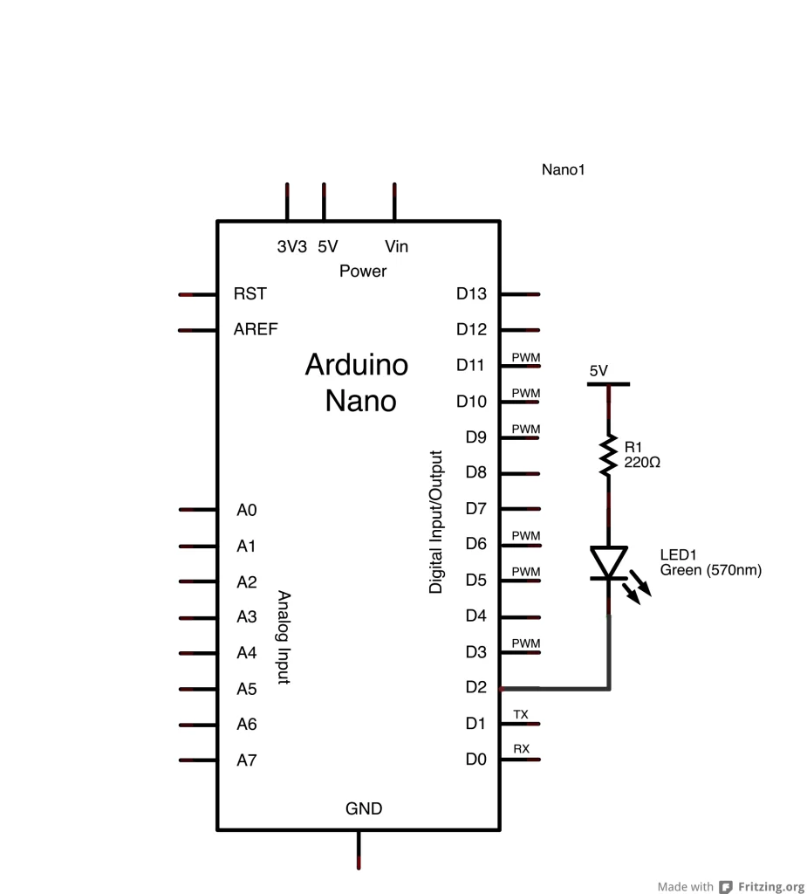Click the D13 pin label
pyautogui.click(x=471, y=294)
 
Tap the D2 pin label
pyautogui.click(x=475, y=688)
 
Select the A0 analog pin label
pyautogui.click(x=247, y=510)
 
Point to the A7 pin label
pyautogui.click(x=247, y=760)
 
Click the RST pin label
pyautogui.click(x=250, y=294)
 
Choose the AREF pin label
pyautogui.click(x=256, y=330)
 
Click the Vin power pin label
pyautogui.click(x=396, y=247)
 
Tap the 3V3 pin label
pyautogui.click(x=292, y=247)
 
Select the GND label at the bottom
pyautogui.click(x=364, y=809)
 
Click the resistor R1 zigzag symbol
pyautogui.click(x=608, y=456)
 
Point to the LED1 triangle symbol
pyautogui.click(x=608, y=561)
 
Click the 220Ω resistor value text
pyautogui.click(x=642, y=463)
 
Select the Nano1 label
pyautogui.click(x=563, y=170)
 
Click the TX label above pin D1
pyautogui.click(x=521, y=714)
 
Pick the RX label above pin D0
pyautogui.click(x=521, y=749)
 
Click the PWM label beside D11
pyautogui.click(x=526, y=357)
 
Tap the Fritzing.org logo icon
pyautogui.click(x=726, y=887)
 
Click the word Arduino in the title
pyautogui.click(x=356, y=365)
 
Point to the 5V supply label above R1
pyautogui.click(x=598, y=371)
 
